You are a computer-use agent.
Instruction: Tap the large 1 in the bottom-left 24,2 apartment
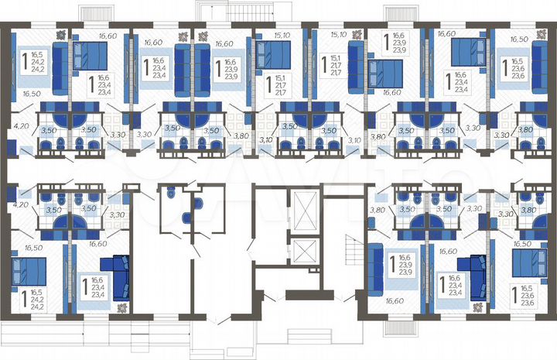[23, 297]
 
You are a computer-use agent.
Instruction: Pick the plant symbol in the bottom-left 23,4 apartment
[121, 307]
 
